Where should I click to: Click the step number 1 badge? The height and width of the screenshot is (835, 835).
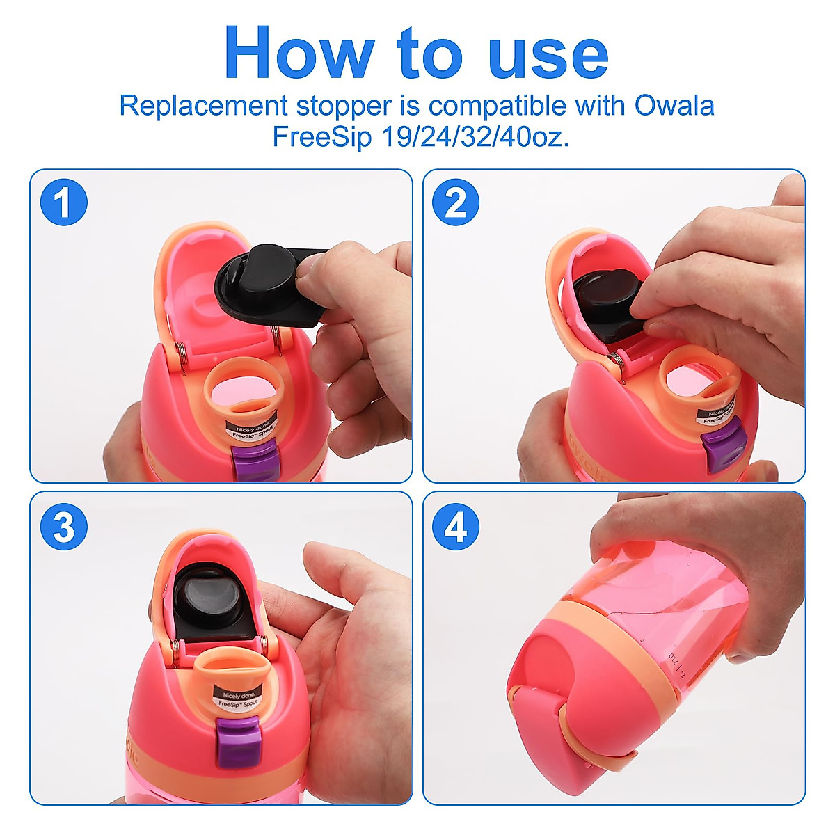[63, 203]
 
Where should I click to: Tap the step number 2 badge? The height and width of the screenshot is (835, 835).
[456, 203]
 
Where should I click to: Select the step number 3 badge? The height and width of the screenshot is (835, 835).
[63, 526]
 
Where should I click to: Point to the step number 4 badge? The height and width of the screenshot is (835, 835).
[456, 526]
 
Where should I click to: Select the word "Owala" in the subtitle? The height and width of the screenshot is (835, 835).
[674, 106]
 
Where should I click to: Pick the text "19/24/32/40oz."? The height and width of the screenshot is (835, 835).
[475, 136]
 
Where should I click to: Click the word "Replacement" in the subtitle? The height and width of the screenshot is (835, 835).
[202, 106]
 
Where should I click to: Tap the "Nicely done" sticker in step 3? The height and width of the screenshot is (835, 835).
[239, 698]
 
